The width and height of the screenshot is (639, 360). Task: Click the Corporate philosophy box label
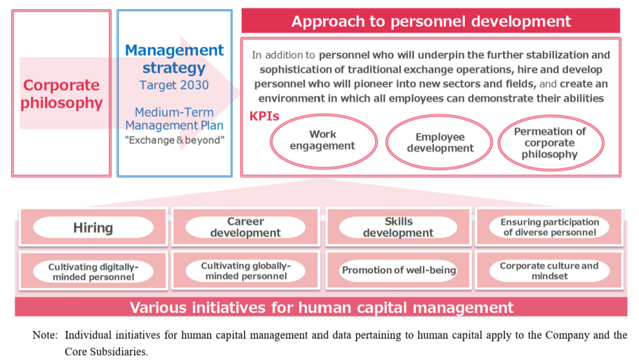click(62, 94)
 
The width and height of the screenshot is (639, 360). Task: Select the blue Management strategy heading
click(174, 59)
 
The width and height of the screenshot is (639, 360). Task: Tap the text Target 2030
click(174, 86)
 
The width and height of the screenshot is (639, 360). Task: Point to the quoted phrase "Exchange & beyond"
click(174, 140)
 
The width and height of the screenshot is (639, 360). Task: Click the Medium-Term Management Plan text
click(174, 119)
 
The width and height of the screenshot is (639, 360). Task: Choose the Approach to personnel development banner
click(430, 21)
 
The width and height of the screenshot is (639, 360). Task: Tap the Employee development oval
click(440, 142)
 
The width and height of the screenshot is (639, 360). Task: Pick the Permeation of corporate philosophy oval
click(550, 142)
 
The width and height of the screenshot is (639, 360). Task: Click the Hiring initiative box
click(93, 227)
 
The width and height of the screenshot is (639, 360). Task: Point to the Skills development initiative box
click(398, 227)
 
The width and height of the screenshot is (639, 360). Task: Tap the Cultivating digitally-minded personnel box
click(93, 272)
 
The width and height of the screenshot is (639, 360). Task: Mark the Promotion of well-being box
click(398, 271)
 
